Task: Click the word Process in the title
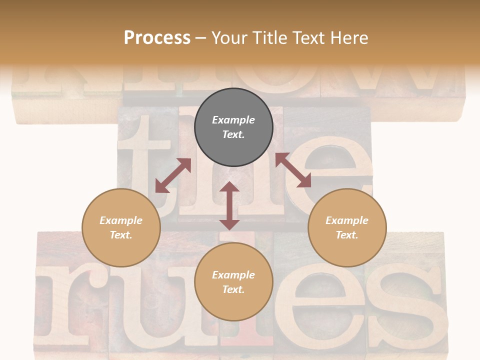click(x=157, y=38)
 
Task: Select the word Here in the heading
click(x=350, y=38)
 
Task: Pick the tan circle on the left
click(x=121, y=227)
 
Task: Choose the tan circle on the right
click(x=347, y=227)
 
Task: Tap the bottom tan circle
click(x=233, y=282)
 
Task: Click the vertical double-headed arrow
click(x=229, y=206)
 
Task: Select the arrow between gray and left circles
click(x=173, y=175)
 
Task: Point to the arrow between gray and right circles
click(x=293, y=170)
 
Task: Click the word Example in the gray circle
click(x=233, y=120)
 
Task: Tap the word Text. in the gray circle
click(x=233, y=134)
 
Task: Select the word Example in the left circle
click(x=121, y=220)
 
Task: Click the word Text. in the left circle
click(x=121, y=235)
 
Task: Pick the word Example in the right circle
click(x=347, y=220)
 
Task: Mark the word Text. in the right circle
click(x=347, y=235)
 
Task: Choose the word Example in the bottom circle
click(x=233, y=275)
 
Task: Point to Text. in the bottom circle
click(x=233, y=289)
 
